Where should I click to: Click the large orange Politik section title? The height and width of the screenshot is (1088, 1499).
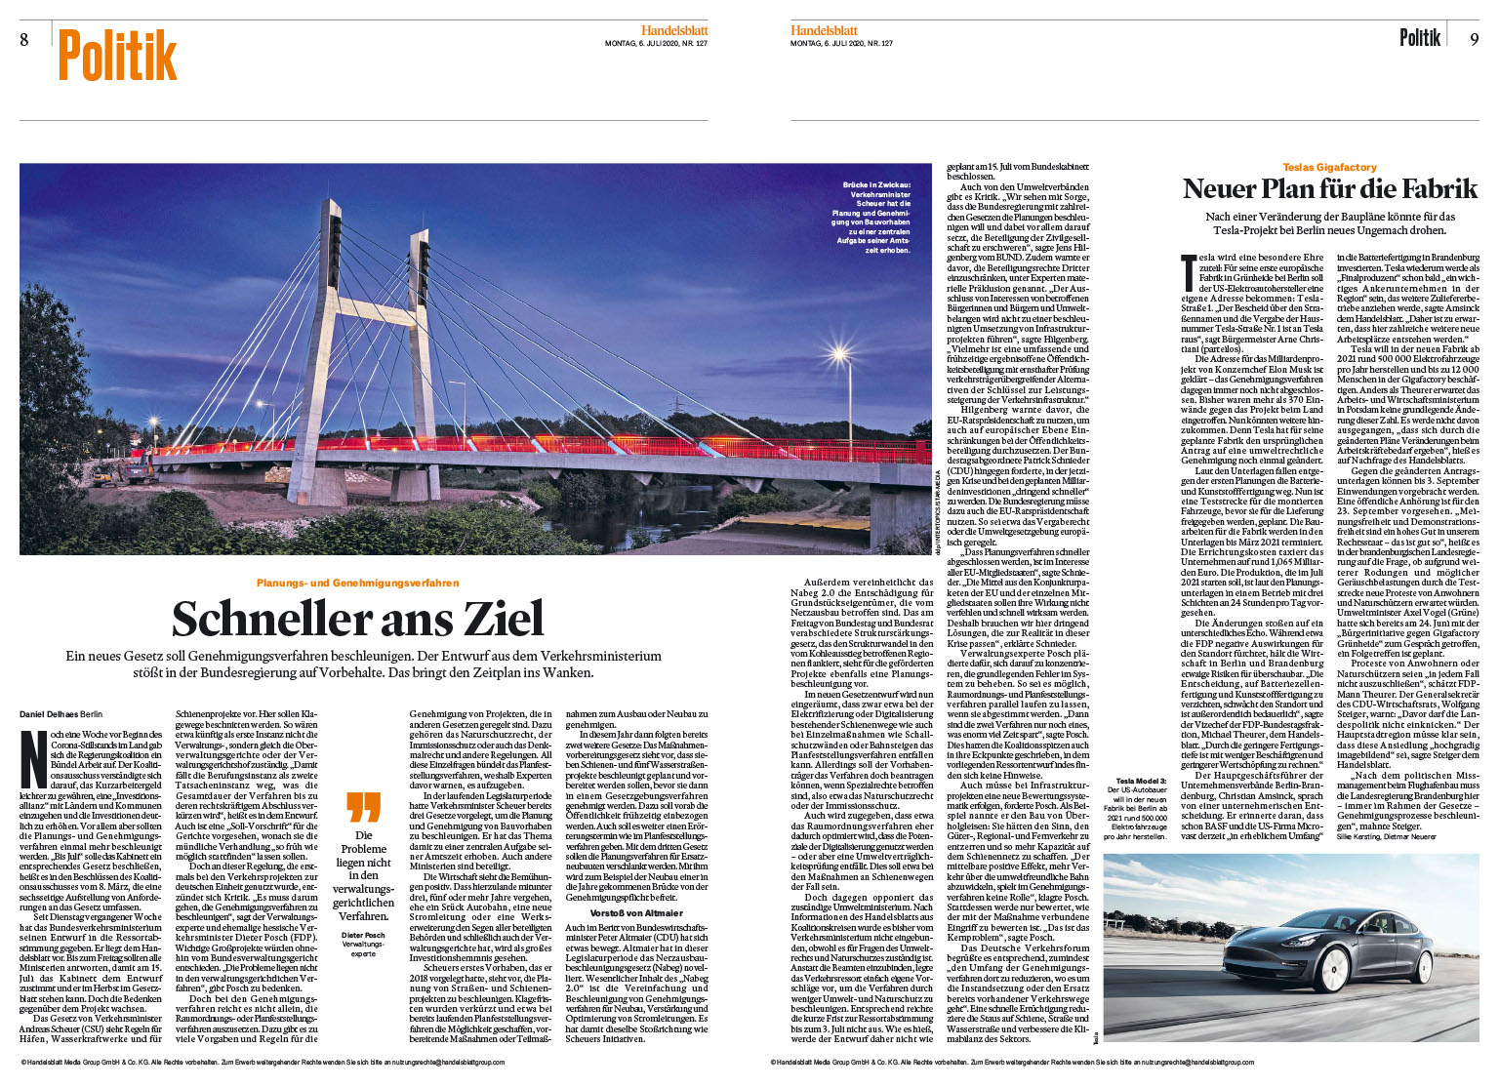coord(117,56)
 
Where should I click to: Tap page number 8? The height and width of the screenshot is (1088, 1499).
coord(25,39)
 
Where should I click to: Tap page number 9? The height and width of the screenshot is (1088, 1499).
coord(1474,38)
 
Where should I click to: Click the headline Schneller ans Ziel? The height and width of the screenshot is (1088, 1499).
coord(357,619)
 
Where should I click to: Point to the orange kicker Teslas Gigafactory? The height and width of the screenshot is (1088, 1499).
coord(1329,168)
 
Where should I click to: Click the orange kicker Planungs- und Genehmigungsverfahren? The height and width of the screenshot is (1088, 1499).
coord(357,583)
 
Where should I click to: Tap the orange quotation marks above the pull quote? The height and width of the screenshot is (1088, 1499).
coord(363,807)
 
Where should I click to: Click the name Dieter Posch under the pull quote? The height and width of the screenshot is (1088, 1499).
coord(363,935)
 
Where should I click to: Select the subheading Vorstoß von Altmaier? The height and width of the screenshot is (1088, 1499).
coord(636,912)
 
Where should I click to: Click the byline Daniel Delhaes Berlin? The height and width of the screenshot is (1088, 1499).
coord(61,714)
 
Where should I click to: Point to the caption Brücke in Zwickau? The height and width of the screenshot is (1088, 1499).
coord(876,184)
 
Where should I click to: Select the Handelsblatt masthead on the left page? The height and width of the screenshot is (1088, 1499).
coord(674,30)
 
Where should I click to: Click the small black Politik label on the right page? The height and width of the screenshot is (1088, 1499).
coord(1419,37)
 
